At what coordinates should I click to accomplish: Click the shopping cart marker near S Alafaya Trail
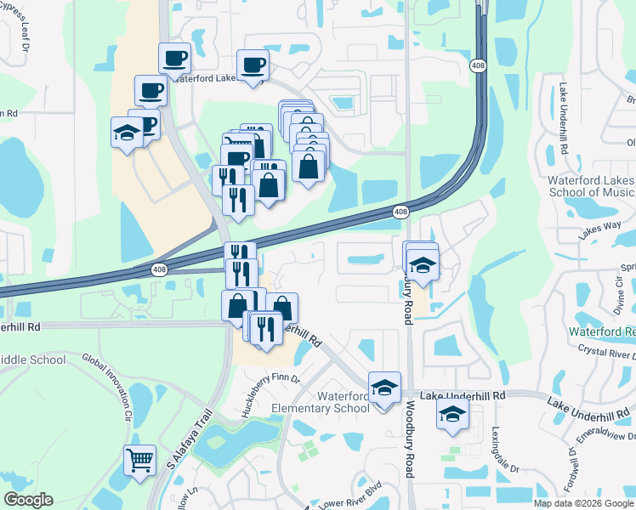pos(139,461)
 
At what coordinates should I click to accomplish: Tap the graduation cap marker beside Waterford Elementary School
pos(384,388)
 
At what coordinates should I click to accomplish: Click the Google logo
pos(28,500)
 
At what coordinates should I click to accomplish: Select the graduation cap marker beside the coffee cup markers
pos(127,133)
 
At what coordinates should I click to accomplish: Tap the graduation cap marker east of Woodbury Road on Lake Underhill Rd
pos(452,415)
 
